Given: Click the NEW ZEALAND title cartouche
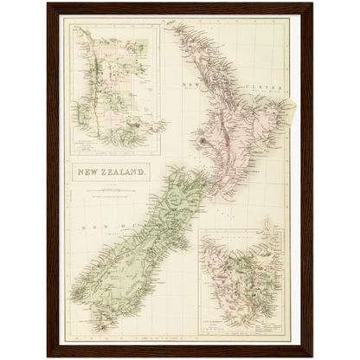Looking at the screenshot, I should coord(112,170).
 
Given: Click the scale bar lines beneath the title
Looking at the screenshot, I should coord(112,191).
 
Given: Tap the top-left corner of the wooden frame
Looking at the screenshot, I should coord(48,4).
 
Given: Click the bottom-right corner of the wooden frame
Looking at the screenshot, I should coord(312,355).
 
